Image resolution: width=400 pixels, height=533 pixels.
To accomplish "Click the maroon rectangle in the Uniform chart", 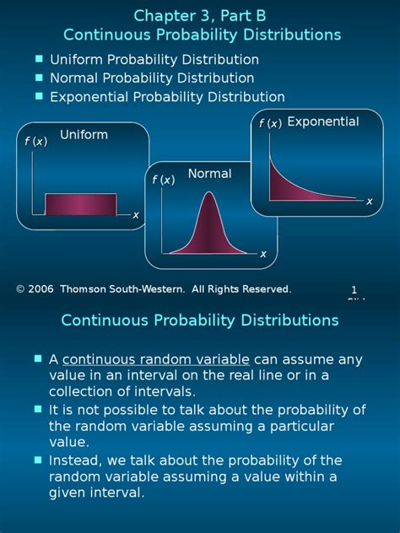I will pyautogui.click(x=80, y=205).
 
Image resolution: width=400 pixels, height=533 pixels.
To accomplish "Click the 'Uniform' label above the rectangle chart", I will pyautogui.click(x=84, y=135).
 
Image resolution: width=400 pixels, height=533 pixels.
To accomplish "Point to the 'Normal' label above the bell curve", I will pyautogui.click(x=209, y=174).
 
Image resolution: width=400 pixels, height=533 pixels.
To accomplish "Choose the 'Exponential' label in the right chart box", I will pyautogui.click(x=322, y=122).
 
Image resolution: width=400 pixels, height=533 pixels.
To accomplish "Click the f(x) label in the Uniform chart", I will pyautogui.click(x=36, y=142).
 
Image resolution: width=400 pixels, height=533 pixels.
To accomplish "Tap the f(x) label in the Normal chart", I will pyautogui.click(x=163, y=180).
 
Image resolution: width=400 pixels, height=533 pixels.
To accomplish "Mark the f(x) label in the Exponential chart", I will pyautogui.click(x=270, y=124).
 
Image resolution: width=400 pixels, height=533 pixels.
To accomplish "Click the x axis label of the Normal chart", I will pyautogui.click(x=262, y=254).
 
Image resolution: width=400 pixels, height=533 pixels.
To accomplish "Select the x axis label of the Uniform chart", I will pyautogui.click(x=135, y=215).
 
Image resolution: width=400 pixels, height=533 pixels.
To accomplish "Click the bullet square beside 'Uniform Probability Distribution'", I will pyautogui.click(x=39, y=59).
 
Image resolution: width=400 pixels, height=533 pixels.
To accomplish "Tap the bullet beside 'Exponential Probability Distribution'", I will pyautogui.click(x=39, y=96).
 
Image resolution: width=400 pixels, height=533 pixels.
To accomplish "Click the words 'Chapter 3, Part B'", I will pyautogui.click(x=200, y=15).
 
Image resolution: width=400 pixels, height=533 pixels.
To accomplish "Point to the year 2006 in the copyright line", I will pyautogui.click(x=40, y=289).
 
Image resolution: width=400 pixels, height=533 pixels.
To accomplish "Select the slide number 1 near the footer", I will pyautogui.click(x=354, y=289).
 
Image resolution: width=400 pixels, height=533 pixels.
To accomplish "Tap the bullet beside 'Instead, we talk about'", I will pyautogui.click(x=39, y=460).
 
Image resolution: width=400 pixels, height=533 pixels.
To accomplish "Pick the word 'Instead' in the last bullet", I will pyautogui.click(x=73, y=460).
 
